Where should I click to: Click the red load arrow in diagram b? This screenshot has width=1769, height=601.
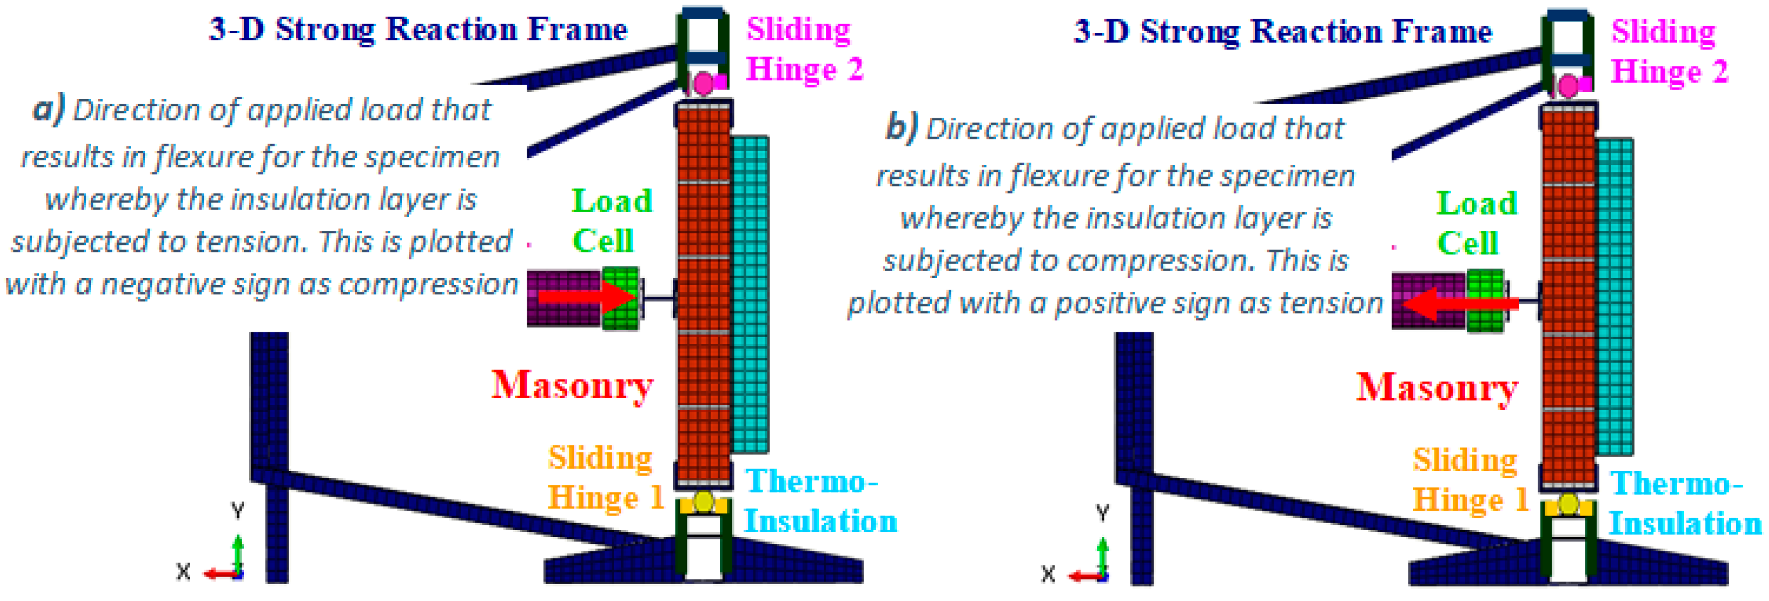click(x=1459, y=302)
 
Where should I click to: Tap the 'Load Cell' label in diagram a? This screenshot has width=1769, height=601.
click(x=611, y=220)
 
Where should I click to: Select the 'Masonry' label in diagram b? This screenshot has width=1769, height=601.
click(x=1437, y=388)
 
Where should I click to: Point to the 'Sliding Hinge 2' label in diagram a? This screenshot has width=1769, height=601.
click(x=804, y=50)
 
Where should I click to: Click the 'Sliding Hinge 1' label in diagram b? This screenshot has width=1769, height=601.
click(x=1470, y=479)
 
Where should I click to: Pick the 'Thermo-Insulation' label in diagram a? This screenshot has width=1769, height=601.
click(x=820, y=501)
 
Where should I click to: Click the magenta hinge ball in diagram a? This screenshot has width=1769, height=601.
click(x=704, y=84)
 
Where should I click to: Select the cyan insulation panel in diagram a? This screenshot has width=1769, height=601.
click(x=749, y=296)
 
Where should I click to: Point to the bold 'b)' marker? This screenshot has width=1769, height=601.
click(x=901, y=127)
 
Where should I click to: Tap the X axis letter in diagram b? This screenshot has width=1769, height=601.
click(x=1047, y=574)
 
